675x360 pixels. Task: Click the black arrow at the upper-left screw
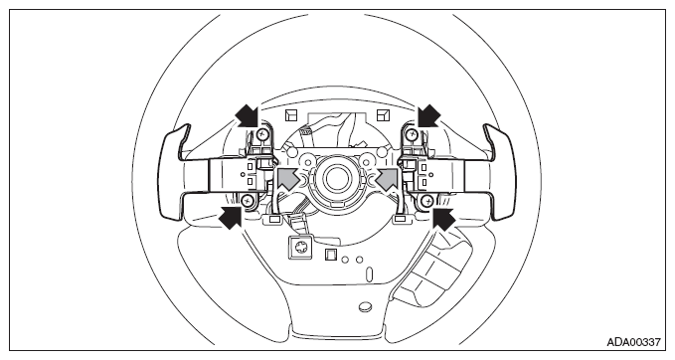(248, 116)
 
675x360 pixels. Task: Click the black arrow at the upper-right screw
(428, 116)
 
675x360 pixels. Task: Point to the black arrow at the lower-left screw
(231, 217)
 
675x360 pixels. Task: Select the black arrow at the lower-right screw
(443, 218)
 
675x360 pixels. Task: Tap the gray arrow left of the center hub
(288, 178)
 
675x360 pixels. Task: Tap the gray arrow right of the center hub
(388, 178)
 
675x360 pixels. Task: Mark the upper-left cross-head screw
(261, 135)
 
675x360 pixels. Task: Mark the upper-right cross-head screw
(413, 135)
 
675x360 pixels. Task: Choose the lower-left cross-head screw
(248, 200)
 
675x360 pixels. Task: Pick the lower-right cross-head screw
(426, 200)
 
